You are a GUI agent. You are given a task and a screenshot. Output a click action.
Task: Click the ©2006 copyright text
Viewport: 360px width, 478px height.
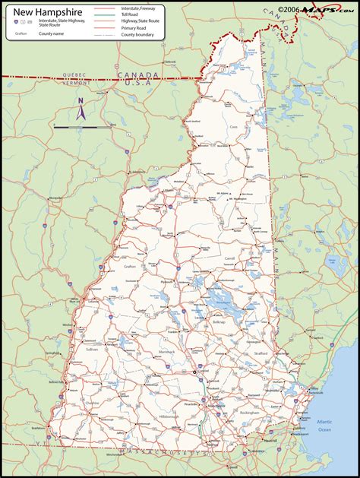[289, 9]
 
